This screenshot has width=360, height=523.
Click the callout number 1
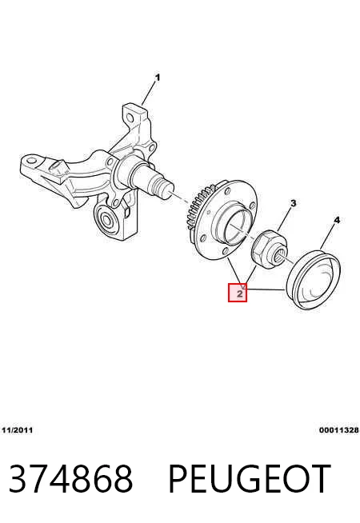coord(158,78)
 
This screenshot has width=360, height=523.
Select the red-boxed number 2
coord(238,293)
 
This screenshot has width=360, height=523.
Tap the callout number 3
coord(294,203)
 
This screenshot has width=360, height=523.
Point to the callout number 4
coord(337,220)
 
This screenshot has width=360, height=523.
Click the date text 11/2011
coord(18,430)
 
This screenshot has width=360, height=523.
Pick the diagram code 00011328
coord(339,430)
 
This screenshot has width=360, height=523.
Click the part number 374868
coord(71,478)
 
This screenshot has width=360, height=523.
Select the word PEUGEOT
coord(250,478)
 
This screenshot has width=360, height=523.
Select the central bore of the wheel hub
coord(238,227)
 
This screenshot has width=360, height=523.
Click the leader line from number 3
coord(285,219)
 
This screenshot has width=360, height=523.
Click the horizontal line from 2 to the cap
coord(266,289)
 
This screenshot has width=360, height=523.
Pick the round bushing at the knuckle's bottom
coord(107,220)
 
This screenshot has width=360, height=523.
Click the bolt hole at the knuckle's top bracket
coord(130,118)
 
